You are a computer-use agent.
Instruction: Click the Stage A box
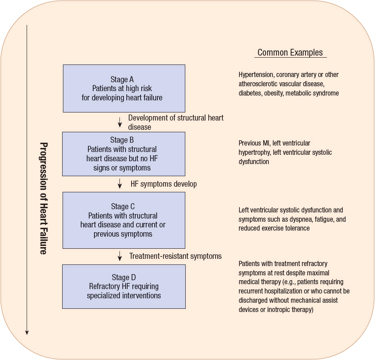tap(124, 88)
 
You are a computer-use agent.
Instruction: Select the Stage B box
tap(124, 154)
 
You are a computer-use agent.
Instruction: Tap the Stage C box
tap(124, 220)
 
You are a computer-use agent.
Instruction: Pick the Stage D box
tap(124, 286)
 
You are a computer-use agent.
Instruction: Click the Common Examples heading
tap(290, 53)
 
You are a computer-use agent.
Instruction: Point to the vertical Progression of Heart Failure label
tap(43, 198)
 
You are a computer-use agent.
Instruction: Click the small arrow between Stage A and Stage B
tap(120, 122)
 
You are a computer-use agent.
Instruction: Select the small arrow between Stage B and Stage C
tap(120, 184)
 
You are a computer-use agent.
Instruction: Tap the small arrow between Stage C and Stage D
tap(120, 256)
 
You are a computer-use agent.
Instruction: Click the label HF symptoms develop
tap(163, 184)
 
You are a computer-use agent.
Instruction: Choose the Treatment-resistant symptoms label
tap(175, 256)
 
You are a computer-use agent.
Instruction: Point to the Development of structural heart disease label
tap(176, 122)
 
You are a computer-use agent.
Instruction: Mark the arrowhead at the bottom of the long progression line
tap(27, 332)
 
